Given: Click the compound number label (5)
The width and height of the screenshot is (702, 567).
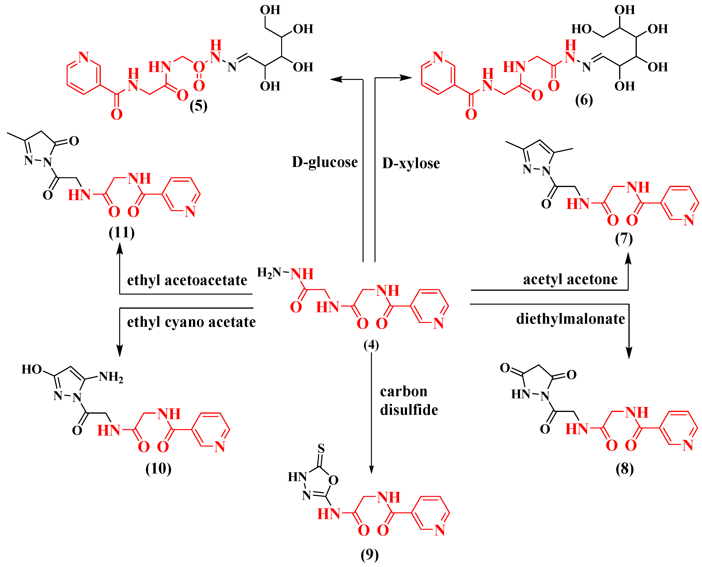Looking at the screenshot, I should pos(198,106).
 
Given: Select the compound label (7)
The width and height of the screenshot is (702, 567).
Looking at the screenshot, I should pos(624,239).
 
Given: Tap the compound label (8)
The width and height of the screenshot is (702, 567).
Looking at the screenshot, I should pos(625,469).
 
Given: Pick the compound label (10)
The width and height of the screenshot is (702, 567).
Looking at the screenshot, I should pos(158,468).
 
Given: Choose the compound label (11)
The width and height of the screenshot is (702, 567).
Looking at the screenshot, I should pos(122,232).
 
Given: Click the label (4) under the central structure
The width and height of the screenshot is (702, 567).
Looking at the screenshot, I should pos(371,345).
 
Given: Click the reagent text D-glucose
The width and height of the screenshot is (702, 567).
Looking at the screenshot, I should pos(325,162).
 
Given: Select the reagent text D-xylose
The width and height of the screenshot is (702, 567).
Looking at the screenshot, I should pos(411,163).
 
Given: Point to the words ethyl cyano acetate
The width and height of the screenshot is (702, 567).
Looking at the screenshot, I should pos(191,322).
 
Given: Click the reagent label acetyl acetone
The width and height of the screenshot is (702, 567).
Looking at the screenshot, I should pos(570,279).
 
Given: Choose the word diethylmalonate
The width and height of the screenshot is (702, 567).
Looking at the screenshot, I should pos(571,319).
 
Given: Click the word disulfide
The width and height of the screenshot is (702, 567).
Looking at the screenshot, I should pos(409,410).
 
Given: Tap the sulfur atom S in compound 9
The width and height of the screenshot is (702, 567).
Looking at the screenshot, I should pos(321,448).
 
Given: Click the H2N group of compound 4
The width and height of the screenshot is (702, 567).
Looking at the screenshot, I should pos(269,272).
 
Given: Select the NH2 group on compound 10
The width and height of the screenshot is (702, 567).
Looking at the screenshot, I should pos(111,377).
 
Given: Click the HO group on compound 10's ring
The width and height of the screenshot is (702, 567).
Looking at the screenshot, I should pos(32,369).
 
